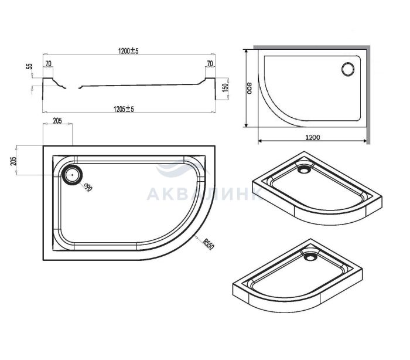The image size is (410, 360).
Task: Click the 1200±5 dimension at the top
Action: pyautogui.click(x=128, y=50)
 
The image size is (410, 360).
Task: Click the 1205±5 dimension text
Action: pyautogui.click(x=124, y=109)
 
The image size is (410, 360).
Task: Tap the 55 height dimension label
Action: pyautogui.click(x=30, y=66)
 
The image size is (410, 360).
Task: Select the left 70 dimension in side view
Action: pyautogui.click(x=49, y=64)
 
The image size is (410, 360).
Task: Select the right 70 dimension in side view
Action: pyautogui.click(x=210, y=63)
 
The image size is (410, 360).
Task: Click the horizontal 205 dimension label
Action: pyautogui.click(x=57, y=121)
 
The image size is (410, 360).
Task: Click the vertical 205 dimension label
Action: pyautogui.click(x=13, y=161)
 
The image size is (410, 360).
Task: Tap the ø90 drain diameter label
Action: pyautogui.click(x=88, y=187)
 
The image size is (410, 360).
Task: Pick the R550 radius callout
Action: pyautogui.click(x=208, y=243)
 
